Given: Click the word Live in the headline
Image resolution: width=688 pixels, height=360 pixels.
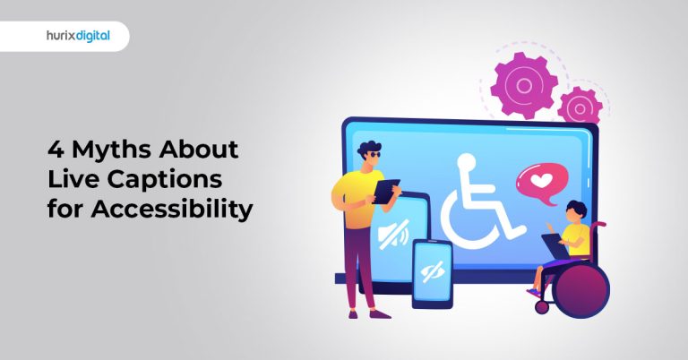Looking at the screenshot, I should tap(73, 179).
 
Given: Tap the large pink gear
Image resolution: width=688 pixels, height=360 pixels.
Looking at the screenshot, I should tap(525, 85).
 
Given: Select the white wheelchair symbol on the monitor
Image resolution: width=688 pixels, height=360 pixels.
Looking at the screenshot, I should tap(484, 201).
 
